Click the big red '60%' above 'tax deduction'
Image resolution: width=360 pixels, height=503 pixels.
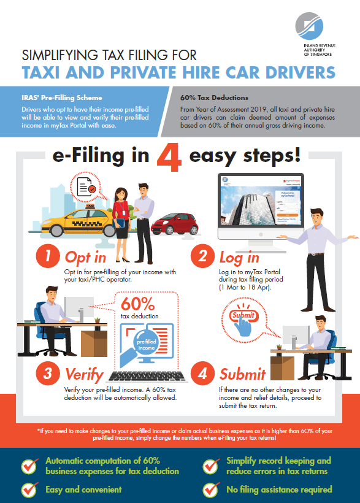[x=139, y=304]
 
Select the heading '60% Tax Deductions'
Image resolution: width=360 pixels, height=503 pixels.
[x=214, y=98]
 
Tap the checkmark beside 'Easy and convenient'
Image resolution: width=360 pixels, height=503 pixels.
[x=28, y=490]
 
